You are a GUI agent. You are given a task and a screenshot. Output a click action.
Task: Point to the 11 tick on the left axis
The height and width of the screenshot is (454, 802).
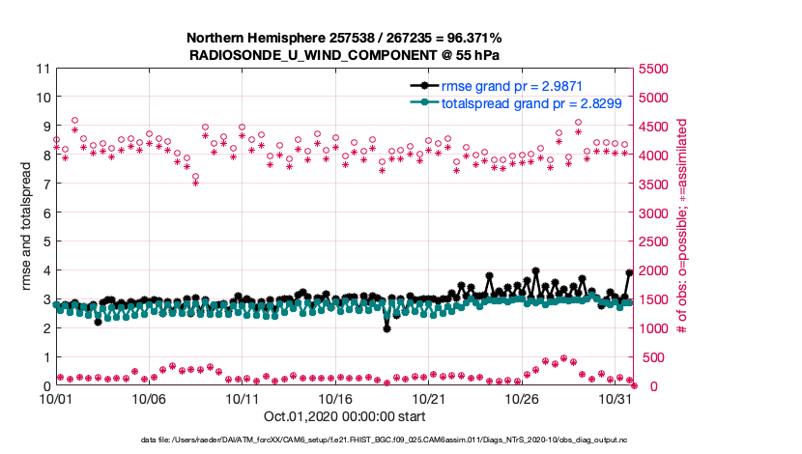pyautogui.click(x=42, y=69)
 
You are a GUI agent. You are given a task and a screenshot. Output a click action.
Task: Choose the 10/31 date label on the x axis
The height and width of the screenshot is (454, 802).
pyautogui.click(x=615, y=399)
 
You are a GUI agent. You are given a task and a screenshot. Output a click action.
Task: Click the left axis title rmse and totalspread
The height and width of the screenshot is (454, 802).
pyautogui.click(x=28, y=227)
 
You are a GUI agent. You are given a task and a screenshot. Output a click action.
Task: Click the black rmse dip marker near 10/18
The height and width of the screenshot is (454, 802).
pyautogui.click(x=387, y=328)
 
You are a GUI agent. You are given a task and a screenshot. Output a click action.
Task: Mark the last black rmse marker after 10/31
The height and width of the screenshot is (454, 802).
pyautogui.click(x=630, y=273)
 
